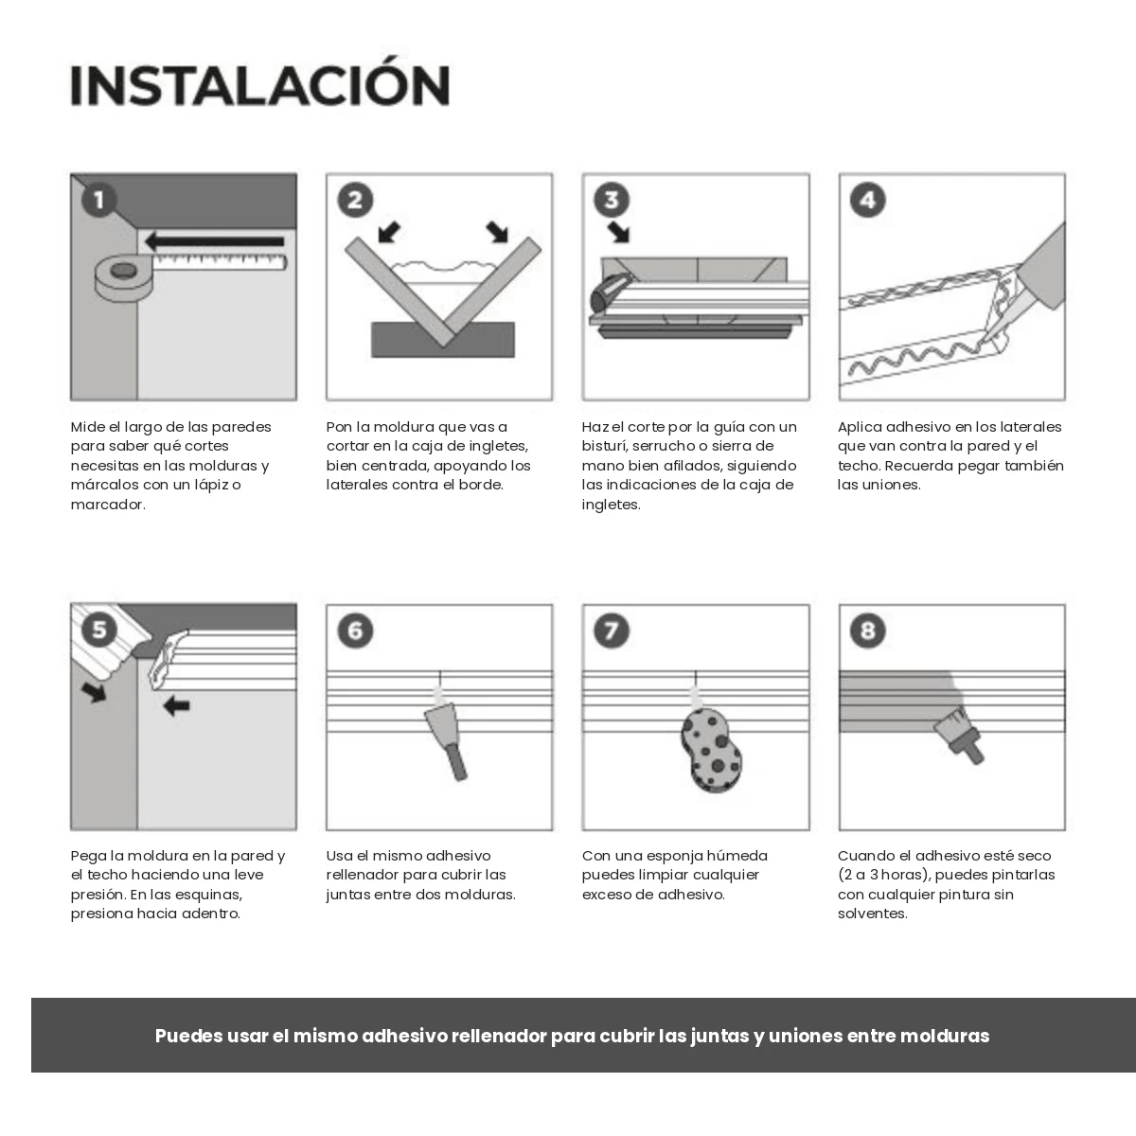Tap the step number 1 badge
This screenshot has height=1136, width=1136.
coord(98,200)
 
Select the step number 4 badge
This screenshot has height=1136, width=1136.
coord(867,200)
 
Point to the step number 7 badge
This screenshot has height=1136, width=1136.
coord(612,630)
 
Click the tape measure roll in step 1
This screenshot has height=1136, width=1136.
coord(124,277)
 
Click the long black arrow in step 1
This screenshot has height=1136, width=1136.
coord(215,241)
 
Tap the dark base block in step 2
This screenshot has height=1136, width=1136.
coord(443,340)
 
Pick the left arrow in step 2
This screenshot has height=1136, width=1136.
coord(388,232)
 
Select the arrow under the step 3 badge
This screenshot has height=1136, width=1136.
coord(619,232)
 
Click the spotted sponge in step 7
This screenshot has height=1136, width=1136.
coord(712,750)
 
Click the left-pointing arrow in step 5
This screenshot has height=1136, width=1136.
coord(176,705)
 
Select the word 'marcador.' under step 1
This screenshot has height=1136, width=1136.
coord(108,505)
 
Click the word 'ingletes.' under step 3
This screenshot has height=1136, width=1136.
coord(611,506)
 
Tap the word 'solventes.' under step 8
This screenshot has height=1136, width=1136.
coord(873,914)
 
